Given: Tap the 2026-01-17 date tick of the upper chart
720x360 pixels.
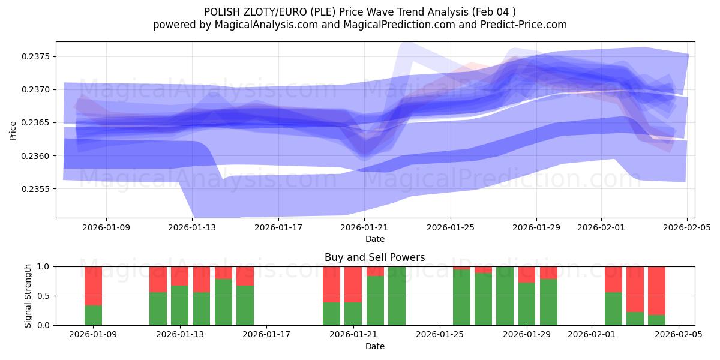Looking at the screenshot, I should pyautogui.click(x=278, y=227).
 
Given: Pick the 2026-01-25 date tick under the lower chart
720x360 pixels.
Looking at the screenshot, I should pyautogui.click(x=440, y=335).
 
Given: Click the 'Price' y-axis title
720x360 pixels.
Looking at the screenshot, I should pyautogui.click(x=13, y=130).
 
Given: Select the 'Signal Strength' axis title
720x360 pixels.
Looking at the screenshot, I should pyautogui.click(x=28, y=296).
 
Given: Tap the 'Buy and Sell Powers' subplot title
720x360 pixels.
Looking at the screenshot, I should pyautogui.click(x=375, y=257).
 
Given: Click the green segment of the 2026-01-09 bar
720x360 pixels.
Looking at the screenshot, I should pyautogui.click(x=93, y=315).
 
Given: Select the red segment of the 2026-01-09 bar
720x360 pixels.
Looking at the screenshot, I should pyautogui.click(x=93, y=286).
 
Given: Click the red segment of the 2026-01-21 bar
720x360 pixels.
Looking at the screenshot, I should pyautogui.click(x=353, y=284).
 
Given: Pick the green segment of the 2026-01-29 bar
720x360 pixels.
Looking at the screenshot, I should pyautogui.click(x=527, y=304).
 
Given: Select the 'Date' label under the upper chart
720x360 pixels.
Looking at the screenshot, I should pyautogui.click(x=375, y=239).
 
